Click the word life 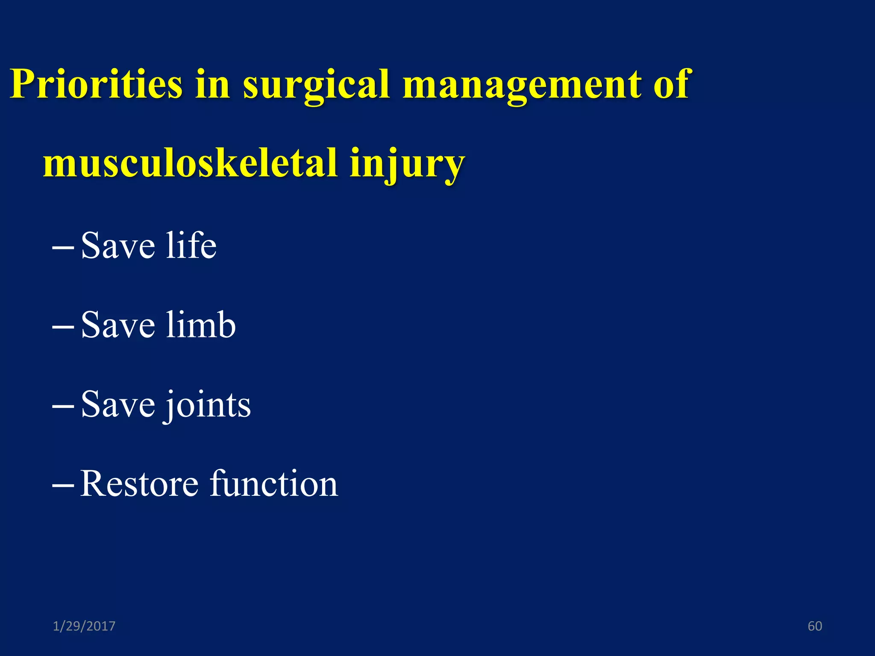pyautogui.click(x=191, y=245)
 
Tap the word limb pyautogui.click(x=201, y=325)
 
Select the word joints pyautogui.click(x=208, y=405)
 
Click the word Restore pyautogui.click(x=139, y=483)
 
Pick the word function pyautogui.click(x=274, y=483)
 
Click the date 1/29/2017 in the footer pyautogui.click(x=84, y=626)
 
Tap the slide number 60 pyautogui.click(x=815, y=626)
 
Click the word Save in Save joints pyautogui.click(x=118, y=405)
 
